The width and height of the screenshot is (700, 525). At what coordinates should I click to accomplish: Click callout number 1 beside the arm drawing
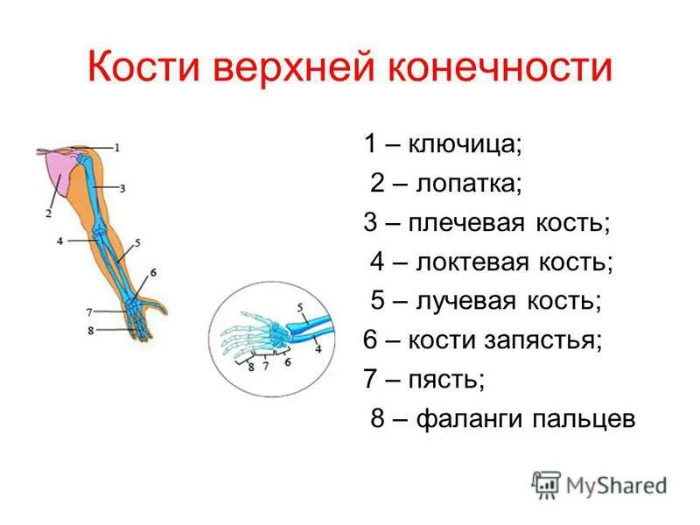click(116, 147)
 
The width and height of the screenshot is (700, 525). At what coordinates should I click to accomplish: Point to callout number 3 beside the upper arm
click(122, 187)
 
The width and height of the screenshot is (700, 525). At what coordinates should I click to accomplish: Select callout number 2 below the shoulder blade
click(48, 212)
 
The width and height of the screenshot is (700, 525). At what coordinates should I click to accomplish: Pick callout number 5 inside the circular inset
click(299, 307)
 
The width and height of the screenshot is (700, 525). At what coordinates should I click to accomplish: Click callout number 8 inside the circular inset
click(252, 367)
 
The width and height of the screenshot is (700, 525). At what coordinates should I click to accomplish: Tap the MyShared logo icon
click(546, 483)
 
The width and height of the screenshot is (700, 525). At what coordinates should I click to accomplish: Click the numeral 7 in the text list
click(371, 380)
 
